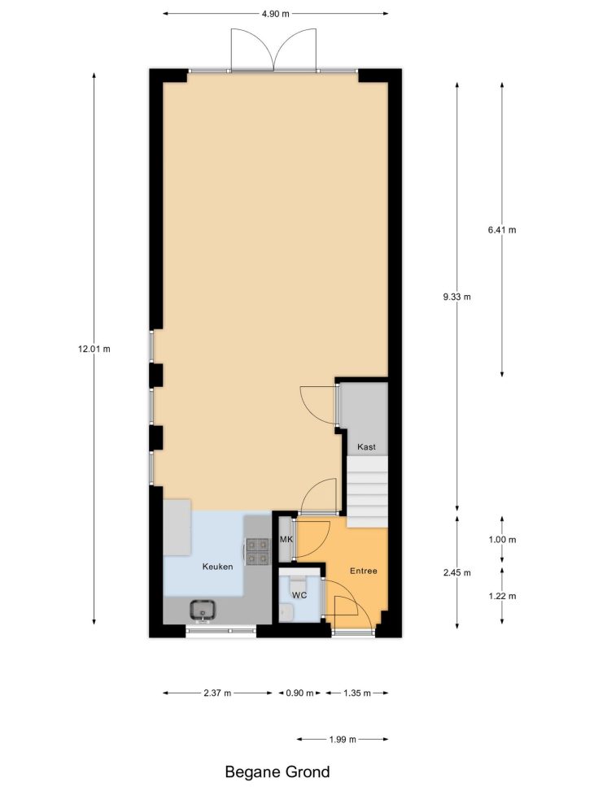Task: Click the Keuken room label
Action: coord(218,567)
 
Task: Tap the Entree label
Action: coord(364,571)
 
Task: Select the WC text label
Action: coord(299,595)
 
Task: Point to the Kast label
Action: coord(366,447)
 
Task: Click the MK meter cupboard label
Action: coord(286,540)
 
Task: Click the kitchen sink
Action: coord(203,611)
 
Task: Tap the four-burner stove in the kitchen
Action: coord(257,552)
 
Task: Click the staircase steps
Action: coord(367,493)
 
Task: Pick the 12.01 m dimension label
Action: coord(94,349)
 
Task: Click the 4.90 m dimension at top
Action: coord(275,14)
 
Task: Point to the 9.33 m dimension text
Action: coord(457,297)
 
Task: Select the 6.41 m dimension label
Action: coord(502,230)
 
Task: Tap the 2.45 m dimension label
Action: coord(457,572)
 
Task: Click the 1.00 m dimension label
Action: coord(502,540)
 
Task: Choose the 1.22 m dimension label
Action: coord(502,596)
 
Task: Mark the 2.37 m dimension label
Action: coord(218,693)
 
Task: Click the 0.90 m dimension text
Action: coord(300,693)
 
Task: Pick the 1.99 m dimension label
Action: coord(343,740)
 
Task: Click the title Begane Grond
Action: coord(277,771)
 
